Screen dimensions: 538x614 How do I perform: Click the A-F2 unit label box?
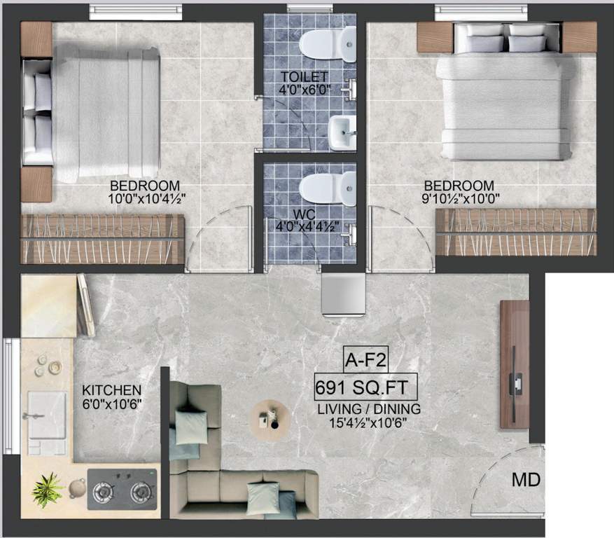pos(365,361)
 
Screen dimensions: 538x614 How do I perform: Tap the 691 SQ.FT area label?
pos(366,386)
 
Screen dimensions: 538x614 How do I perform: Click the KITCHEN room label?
pos(112,390)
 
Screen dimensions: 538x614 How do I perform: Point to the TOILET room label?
pos(305,76)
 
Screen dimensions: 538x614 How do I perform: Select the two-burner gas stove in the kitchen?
pos(122,490)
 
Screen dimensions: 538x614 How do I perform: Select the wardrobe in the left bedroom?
pos(102,239)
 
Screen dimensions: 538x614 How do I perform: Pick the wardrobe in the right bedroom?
pos(516,231)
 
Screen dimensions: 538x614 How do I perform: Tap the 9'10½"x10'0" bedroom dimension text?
pos(459,199)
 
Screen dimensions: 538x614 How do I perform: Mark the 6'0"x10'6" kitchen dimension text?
pos(112,403)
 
